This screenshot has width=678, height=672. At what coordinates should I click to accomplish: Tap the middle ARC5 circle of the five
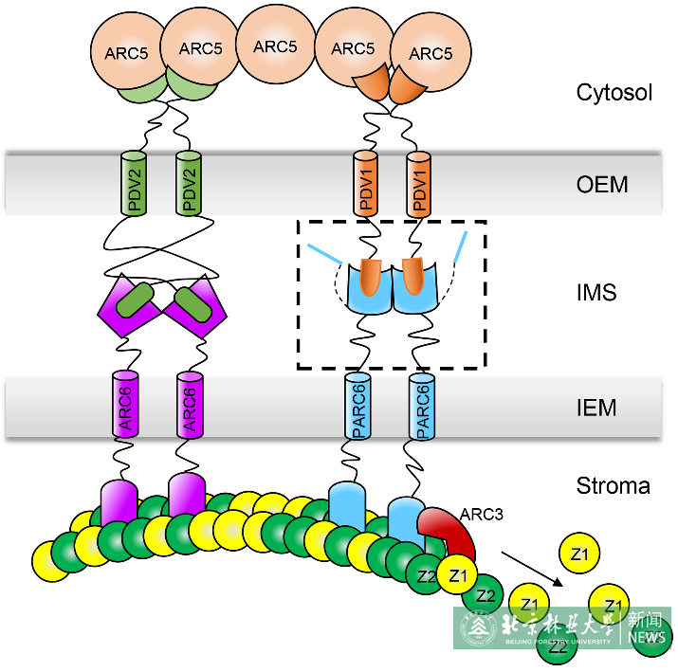click(275, 45)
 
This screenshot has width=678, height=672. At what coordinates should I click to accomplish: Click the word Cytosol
click(614, 93)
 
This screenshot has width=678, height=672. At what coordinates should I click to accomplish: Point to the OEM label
click(602, 184)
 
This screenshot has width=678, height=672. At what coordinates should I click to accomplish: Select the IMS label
click(596, 293)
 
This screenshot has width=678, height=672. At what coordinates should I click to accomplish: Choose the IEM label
click(596, 409)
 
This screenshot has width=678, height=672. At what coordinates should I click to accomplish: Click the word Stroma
click(614, 486)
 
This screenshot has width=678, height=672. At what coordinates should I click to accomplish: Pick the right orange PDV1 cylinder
click(418, 182)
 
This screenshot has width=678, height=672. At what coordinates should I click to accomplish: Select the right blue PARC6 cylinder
click(422, 405)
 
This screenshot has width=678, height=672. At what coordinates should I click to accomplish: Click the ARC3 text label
click(483, 515)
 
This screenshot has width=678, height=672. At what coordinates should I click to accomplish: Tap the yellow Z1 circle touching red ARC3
click(459, 575)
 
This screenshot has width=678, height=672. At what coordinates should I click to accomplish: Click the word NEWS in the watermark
click(647, 638)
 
